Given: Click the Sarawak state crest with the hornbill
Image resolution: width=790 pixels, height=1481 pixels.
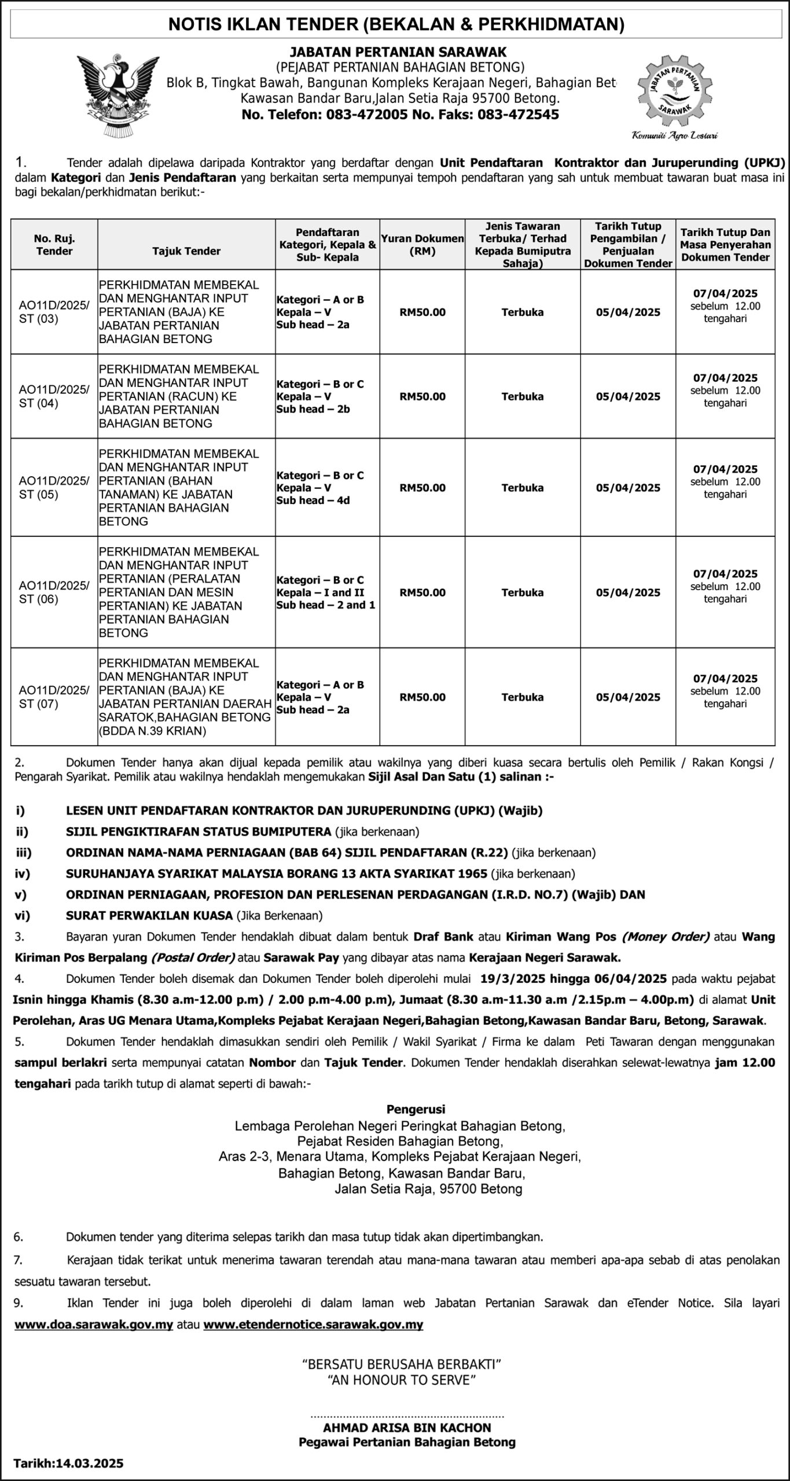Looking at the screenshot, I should (x=119, y=95).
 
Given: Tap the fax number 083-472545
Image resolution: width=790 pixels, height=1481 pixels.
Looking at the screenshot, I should (x=518, y=115).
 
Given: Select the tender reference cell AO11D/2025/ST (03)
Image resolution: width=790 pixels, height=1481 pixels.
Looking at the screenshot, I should (x=54, y=312).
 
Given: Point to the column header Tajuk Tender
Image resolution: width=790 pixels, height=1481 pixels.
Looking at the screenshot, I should (x=186, y=251).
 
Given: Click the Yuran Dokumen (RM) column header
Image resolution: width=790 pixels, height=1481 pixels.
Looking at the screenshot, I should (x=422, y=245).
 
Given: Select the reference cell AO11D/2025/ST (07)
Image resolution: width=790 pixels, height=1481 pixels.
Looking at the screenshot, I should (x=54, y=697).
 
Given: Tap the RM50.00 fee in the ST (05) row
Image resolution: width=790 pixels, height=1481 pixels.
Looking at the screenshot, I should (x=422, y=488).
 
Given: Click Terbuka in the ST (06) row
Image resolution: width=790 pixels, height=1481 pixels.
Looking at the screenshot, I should (x=523, y=592).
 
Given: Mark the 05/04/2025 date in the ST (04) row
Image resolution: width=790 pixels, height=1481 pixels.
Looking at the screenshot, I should (x=628, y=396).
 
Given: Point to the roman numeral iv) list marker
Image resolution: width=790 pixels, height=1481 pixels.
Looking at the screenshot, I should (x=23, y=874).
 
